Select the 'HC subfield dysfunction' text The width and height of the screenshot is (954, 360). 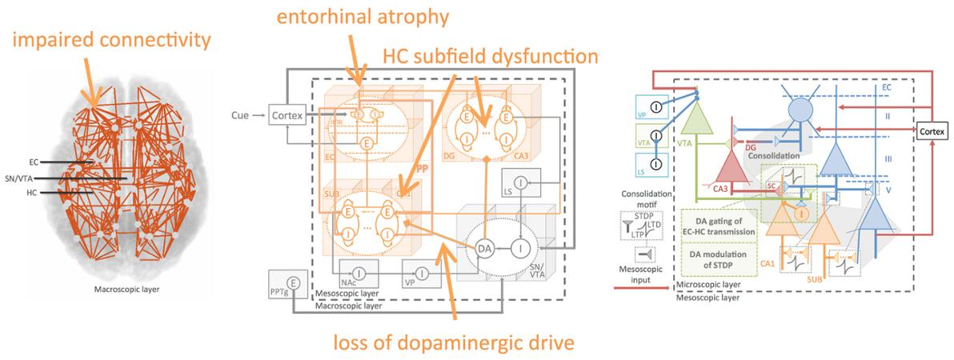(x=490, y=57)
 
